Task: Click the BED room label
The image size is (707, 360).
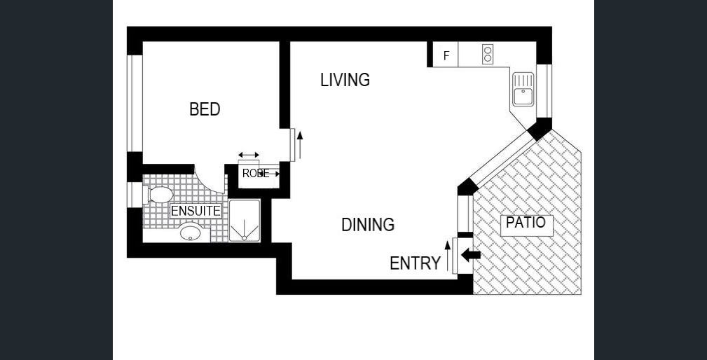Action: pyautogui.click(x=205, y=109)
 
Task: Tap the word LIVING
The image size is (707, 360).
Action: pyautogui.click(x=345, y=80)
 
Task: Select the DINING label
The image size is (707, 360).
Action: pyautogui.click(x=368, y=224)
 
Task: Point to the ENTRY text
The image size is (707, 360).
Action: pyautogui.click(x=416, y=263)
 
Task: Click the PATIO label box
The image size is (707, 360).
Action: pyautogui.click(x=527, y=224)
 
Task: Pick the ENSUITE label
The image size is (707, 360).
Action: pyautogui.click(x=196, y=211)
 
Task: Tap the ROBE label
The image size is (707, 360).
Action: pyautogui.click(x=256, y=174)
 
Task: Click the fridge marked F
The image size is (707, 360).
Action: pyautogui.click(x=446, y=55)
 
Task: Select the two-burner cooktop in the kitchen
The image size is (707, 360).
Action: pyautogui.click(x=487, y=54)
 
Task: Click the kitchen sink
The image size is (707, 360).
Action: pyautogui.click(x=523, y=89)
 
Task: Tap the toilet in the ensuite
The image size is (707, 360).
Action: pyautogui.click(x=159, y=195)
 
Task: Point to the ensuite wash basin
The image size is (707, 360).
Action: pyautogui.click(x=191, y=233)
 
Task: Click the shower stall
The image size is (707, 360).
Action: pyautogui.click(x=245, y=221)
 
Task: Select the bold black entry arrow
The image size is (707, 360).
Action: pyautogui.click(x=470, y=255)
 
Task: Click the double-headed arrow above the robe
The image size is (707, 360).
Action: pyautogui.click(x=249, y=155)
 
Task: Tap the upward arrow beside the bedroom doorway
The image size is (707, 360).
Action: pyautogui.click(x=300, y=145)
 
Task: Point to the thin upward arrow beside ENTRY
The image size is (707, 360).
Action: pyautogui.click(x=447, y=256)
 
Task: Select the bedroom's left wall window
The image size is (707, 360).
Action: pyautogui.click(x=135, y=103)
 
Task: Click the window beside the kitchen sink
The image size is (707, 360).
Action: pyautogui.click(x=544, y=91)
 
